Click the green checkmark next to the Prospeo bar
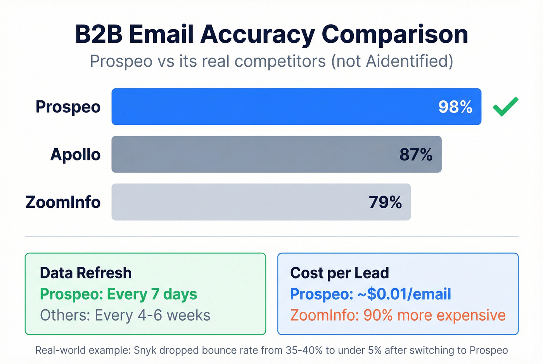[x=505, y=107]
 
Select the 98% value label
[x=455, y=107]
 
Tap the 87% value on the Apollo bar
[x=416, y=155]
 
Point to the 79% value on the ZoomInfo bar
[x=385, y=202]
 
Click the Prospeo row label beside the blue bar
[x=68, y=107]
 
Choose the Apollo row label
[x=75, y=155]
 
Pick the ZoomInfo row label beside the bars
[x=63, y=202]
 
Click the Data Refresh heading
[x=85, y=273]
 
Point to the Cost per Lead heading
[x=339, y=273]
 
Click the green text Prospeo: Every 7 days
[x=118, y=294]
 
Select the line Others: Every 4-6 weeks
[x=125, y=316]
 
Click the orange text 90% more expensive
[x=434, y=316]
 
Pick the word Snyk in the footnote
[x=145, y=350]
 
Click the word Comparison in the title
[x=394, y=35]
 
